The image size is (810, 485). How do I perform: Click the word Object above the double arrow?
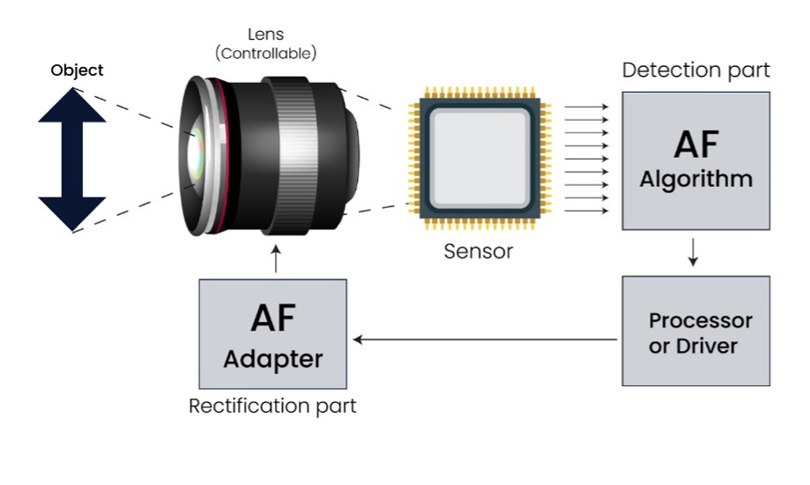pos(77,71)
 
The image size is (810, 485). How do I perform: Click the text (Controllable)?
pos(265,54)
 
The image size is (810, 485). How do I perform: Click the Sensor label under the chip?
pos(478,251)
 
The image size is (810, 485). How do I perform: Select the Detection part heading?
pos(695,71)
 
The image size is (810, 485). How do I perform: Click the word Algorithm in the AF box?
pos(695,180)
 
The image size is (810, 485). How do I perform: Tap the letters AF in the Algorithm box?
pos(695,144)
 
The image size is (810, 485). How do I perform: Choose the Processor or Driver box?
pos(695,331)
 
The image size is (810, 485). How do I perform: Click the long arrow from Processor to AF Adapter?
pos(485,339)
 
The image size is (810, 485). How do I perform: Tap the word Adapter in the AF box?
pos(272,359)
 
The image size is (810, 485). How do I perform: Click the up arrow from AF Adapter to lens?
pos(277,259)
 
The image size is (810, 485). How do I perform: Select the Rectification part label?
pos(272,407)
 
